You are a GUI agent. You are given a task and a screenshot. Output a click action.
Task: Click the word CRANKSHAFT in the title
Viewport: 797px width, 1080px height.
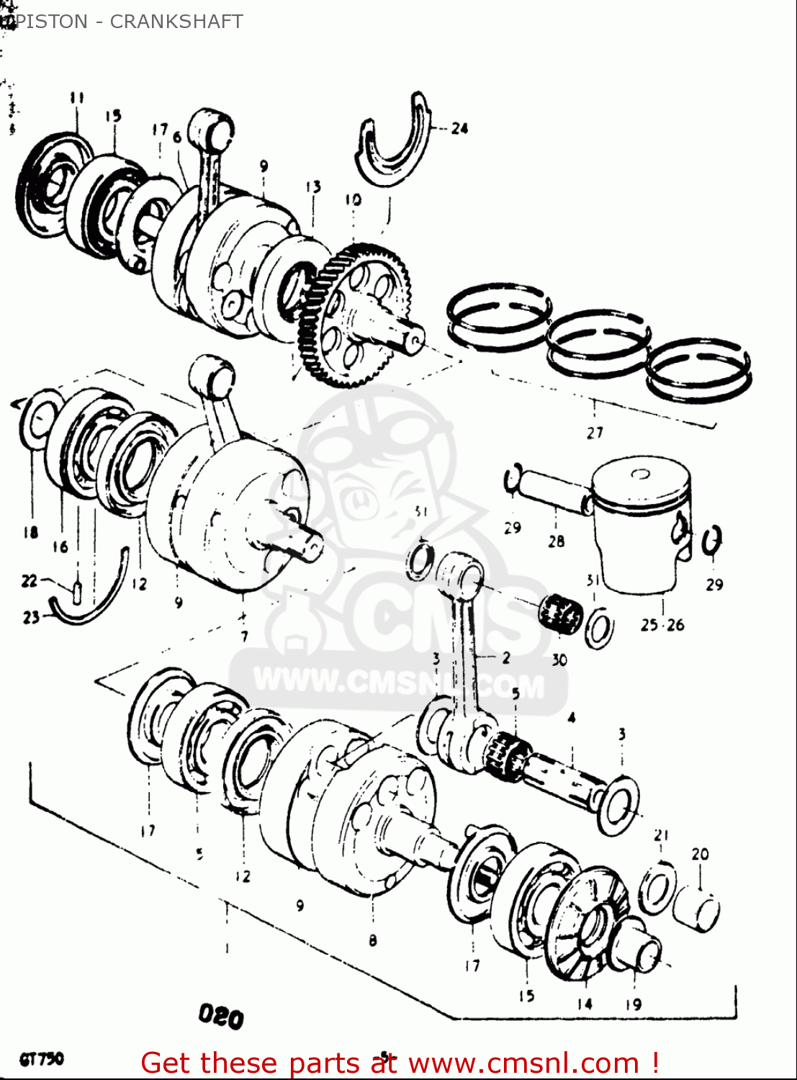[x=176, y=22]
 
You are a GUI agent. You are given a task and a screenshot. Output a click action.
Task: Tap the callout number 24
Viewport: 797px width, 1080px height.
[x=459, y=129]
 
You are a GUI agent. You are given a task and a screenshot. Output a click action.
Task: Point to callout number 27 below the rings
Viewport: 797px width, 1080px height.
[x=595, y=433]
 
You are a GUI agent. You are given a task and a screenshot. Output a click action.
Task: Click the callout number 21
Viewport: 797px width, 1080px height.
[x=661, y=835]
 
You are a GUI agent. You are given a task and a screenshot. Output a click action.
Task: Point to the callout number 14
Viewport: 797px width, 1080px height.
[x=585, y=1003]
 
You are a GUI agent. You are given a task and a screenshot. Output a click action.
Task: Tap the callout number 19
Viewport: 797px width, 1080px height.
[x=633, y=1004]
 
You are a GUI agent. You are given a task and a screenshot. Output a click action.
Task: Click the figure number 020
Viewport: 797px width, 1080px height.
[x=221, y=1017]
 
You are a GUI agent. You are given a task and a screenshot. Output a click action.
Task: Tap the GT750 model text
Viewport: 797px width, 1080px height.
[x=42, y=1060]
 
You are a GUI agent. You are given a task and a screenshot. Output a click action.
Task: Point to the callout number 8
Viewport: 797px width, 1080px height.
[x=372, y=940]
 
